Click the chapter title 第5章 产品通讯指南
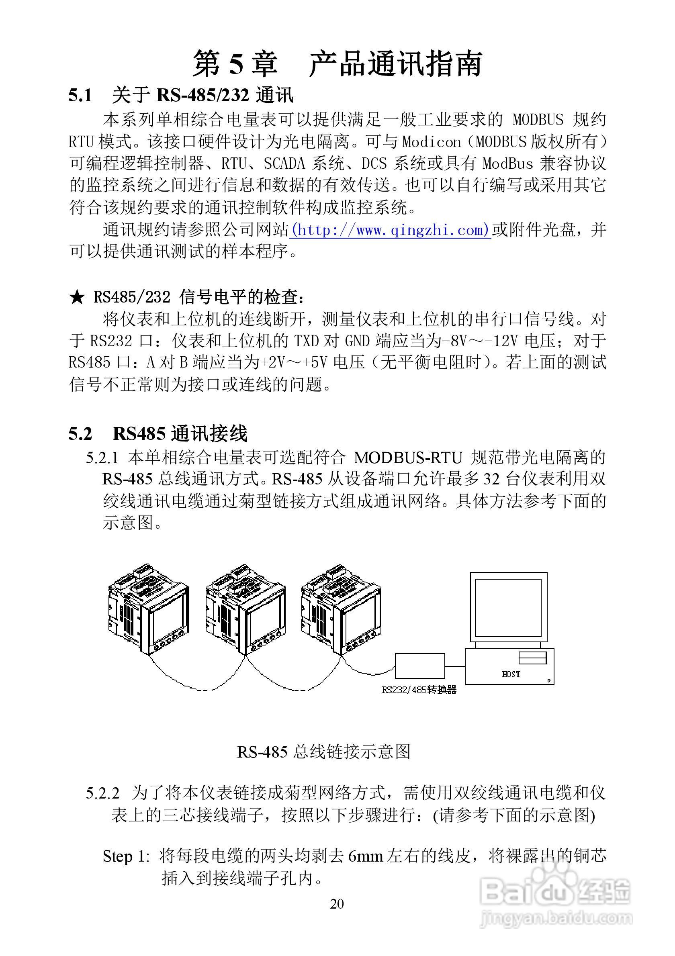[x=337, y=64]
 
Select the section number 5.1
[x=80, y=96]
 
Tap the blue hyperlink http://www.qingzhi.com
[x=391, y=230]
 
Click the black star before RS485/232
[x=77, y=297]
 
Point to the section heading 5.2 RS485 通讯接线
[x=158, y=434]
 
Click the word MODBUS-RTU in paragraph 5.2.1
[x=408, y=458]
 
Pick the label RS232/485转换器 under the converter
[x=419, y=690]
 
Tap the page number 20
[x=337, y=904]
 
